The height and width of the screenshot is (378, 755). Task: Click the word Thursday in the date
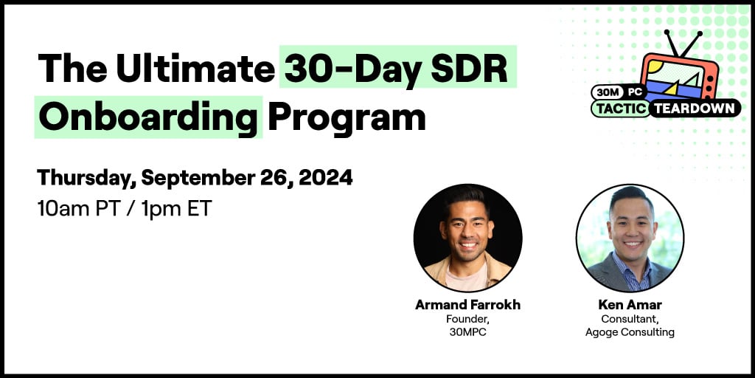[86, 178]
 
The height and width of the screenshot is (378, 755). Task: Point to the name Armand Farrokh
[467, 305]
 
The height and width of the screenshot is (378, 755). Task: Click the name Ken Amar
[630, 305]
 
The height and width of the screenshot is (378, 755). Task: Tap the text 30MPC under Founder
[467, 332]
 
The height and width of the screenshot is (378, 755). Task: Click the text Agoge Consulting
[630, 332]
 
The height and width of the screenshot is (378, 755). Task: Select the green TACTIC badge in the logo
[621, 109]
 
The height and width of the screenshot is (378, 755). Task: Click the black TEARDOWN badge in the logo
[695, 109]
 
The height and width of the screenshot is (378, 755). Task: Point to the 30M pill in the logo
[608, 92]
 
